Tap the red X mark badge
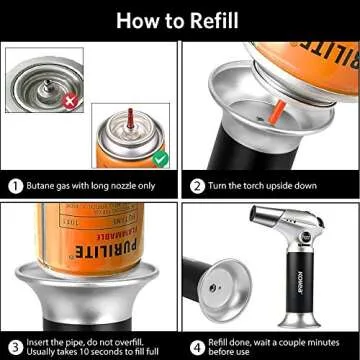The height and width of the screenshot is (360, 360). click(68, 101)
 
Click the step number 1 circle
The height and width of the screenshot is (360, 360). click(15, 185)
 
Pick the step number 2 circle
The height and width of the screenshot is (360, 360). click(198, 185)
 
